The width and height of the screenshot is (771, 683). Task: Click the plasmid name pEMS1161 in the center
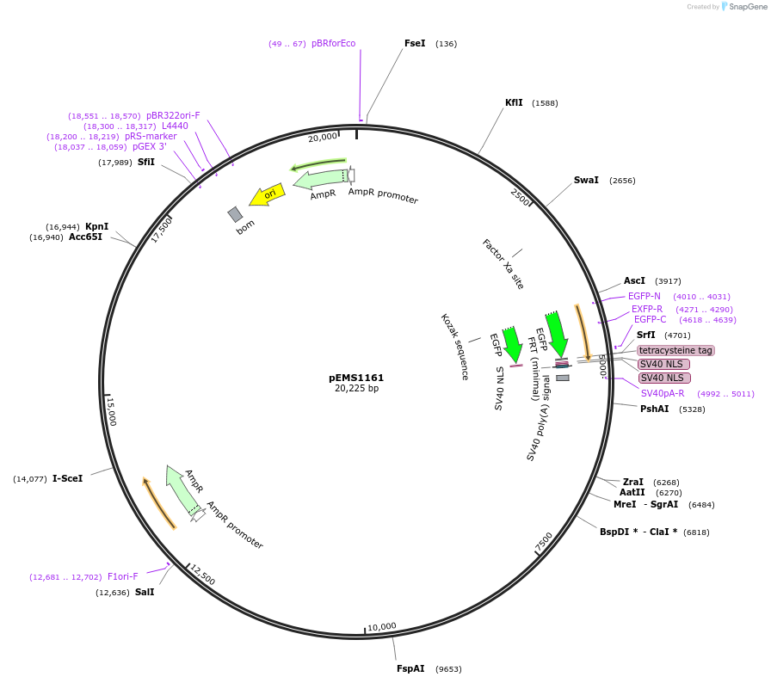click(x=356, y=378)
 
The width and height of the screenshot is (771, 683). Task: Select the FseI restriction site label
click(x=415, y=43)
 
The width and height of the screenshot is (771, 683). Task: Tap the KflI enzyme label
click(x=514, y=102)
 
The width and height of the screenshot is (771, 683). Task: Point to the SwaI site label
click(x=586, y=180)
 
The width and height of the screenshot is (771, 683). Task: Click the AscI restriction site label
click(x=634, y=280)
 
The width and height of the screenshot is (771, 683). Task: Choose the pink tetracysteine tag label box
click(x=675, y=350)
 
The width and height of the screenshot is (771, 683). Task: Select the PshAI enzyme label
click(x=654, y=409)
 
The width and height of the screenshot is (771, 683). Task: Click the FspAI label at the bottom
click(x=410, y=668)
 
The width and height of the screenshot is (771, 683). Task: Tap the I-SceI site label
click(x=67, y=478)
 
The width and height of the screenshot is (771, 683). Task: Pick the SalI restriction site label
click(x=145, y=592)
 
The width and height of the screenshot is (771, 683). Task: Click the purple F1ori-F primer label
click(x=122, y=576)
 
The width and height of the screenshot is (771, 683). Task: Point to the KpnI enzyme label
click(x=96, y=226)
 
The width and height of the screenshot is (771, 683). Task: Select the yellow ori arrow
click(x=267, y=195)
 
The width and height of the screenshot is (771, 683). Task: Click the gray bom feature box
click(x=235, y=214)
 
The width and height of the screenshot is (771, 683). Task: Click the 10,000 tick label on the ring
click(x=381, y=626)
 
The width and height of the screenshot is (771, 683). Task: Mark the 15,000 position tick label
click(x=111, y=411)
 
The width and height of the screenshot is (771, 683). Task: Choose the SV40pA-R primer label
click(x=663, y=393)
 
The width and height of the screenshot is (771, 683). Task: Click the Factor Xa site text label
click(x=503, y=263)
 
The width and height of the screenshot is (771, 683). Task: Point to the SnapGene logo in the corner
click(x=743, y=7)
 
